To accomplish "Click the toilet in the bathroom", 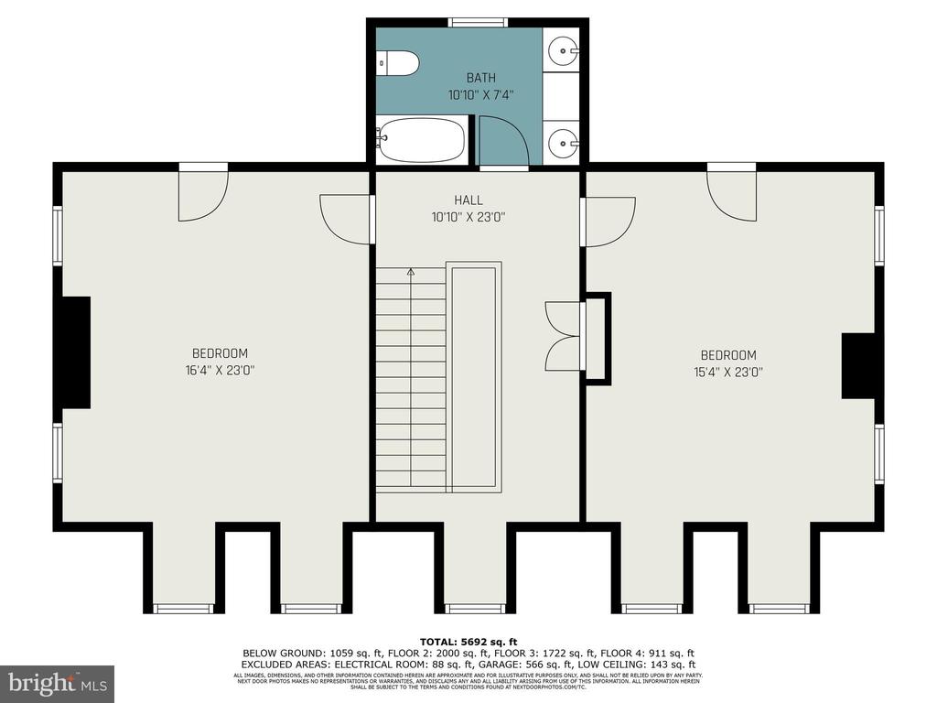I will [399, 63].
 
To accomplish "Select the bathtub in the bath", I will [421, 140].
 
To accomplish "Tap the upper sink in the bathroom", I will [561, 50].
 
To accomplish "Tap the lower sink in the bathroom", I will [561, 143].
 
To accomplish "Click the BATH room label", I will [480, 79].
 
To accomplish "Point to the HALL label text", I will [468, 200].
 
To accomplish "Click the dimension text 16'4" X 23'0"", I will [220, 371].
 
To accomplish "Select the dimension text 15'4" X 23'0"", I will [728, 373].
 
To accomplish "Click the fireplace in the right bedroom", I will [858, 366].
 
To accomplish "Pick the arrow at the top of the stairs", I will [410, 272].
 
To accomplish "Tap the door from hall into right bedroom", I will [608, 222].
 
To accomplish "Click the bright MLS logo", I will [57, 683].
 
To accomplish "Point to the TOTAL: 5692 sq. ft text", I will [468, 642].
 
